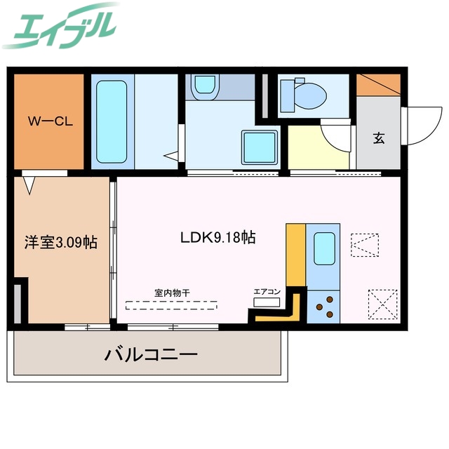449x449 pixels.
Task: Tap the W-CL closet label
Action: pos(50,120)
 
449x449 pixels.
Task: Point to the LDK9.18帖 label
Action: pos(217,237)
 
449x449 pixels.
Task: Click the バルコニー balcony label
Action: pos(151,354)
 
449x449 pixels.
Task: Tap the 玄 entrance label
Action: pos(379,138)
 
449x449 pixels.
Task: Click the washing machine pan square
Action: pos(258,147)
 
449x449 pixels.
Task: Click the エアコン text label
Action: pos(267,290)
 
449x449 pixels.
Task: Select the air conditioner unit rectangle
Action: pos(267,302)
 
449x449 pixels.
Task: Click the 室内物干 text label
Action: pos(172,293)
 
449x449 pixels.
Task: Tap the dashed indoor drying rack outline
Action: pos(172,304)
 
